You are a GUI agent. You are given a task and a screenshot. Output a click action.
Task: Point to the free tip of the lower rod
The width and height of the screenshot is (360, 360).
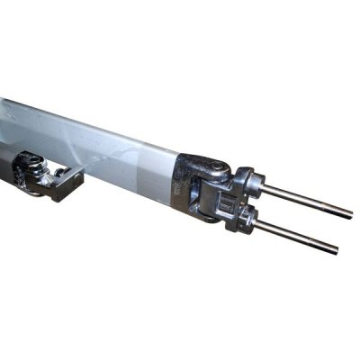coord(336,249)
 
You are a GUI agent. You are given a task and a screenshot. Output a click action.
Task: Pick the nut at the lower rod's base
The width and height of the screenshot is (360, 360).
coord(246,218)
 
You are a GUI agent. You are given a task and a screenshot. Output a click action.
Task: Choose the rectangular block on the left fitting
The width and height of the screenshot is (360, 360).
coord(65,184)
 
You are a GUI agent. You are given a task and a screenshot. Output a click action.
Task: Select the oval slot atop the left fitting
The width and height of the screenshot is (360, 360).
coord(29,162)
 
